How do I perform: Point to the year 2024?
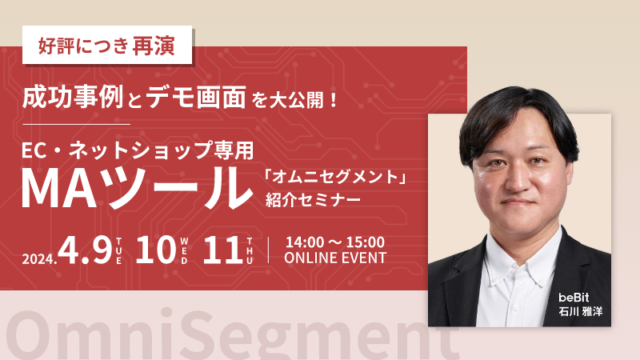click(x=38, y=258)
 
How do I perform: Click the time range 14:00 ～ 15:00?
click(x=334, y=241)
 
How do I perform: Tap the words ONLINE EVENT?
click(x=335, y=258)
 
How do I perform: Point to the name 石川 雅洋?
click(x=581, y=310)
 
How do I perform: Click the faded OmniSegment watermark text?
click(x=224, y=334)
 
